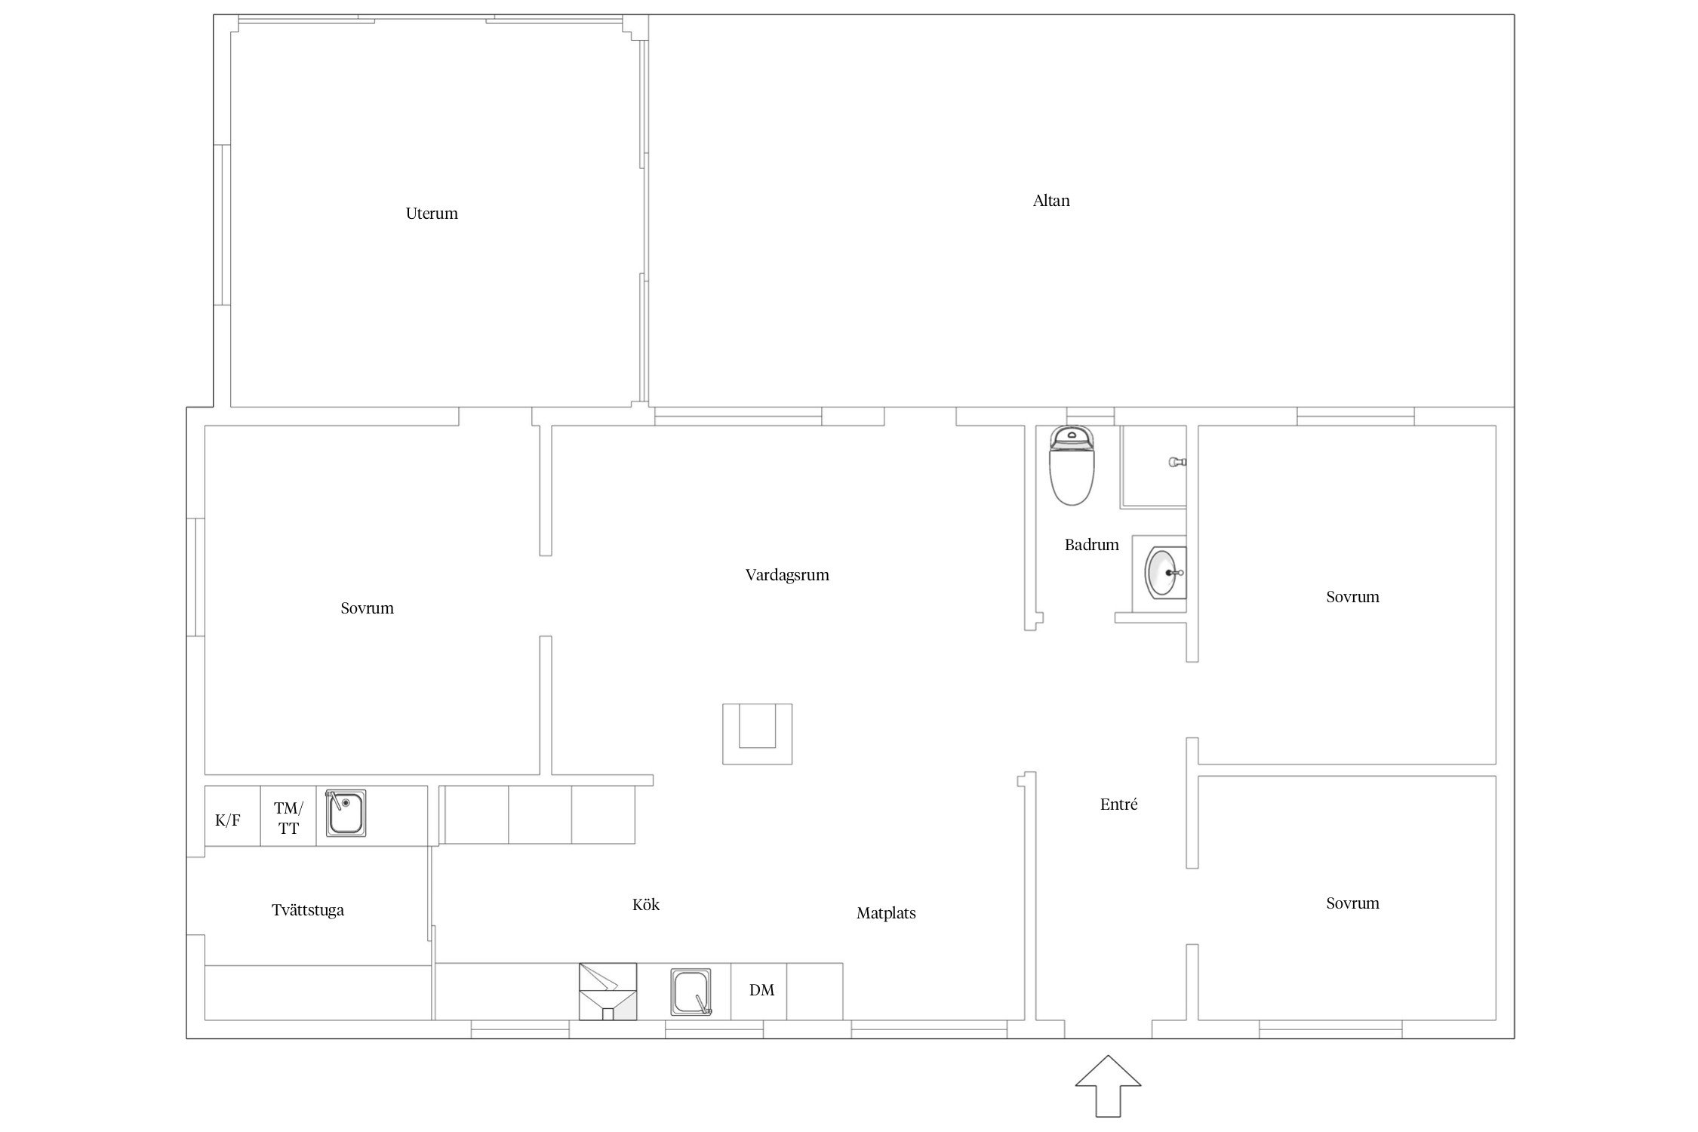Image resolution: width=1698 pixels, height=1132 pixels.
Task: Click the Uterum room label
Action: click(x=432, y=214)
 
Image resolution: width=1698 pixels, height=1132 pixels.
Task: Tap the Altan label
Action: click(x=1051, y=201)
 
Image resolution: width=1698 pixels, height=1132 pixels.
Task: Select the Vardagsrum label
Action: click(x=787, y=575)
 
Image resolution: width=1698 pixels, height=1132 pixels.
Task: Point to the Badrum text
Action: click(x=1091, y=545)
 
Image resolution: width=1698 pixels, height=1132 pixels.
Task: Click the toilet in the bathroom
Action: click(x=1072, y=466)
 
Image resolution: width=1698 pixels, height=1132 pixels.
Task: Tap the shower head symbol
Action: click(x=1177, y=462)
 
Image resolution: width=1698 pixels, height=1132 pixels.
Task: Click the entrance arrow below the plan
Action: click(x=1108, y=1085)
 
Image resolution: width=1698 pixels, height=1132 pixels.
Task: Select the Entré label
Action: click(x=1118, y=804)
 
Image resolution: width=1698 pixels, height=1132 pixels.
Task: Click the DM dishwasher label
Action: click(x=761, y=990)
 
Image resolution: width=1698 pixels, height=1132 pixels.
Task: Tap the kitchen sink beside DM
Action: click(x=691, y=992)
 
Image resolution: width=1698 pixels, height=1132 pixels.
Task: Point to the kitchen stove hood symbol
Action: click(x=608, y=992)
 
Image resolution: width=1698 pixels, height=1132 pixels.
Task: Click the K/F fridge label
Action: click(x=228, y=820)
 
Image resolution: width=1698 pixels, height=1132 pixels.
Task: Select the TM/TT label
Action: click(x=288, y=819)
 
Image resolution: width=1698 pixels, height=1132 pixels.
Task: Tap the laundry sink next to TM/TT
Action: click(x=346, y=813)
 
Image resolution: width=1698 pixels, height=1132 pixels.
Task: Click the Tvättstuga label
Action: click(x=308, y=910)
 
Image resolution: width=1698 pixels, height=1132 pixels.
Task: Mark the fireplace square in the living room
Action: click(x=758, y=734)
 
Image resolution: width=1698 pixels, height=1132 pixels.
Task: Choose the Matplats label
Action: click(x=886, y=913)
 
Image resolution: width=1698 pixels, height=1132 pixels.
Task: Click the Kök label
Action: click(x=646, y=905)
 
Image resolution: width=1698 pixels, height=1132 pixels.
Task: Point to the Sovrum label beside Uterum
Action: click(x=367, y=608)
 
